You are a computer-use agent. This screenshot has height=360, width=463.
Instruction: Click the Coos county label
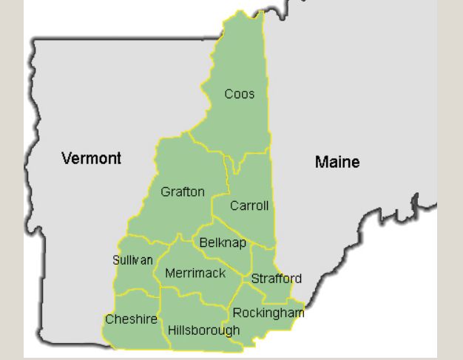tap(240, 94)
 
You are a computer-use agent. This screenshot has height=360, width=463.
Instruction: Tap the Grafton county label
tap(183, 192)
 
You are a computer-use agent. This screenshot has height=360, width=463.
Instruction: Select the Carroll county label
tap(249, 206)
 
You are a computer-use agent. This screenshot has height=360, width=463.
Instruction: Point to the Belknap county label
tap(223, 243)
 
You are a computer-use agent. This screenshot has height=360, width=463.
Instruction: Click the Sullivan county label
tap(133, 259)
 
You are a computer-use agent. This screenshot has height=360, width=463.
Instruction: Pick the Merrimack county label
tap(195, 274)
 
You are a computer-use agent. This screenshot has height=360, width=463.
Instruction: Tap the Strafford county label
tap(277, 279)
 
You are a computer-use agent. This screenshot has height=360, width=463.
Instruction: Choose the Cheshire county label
tap(131, 319)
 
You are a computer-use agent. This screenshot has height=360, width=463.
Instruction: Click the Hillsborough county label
tap(204, 330)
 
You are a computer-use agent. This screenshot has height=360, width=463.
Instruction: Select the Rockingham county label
tap(268, 313)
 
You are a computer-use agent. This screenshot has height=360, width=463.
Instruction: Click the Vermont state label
tap(92, 158)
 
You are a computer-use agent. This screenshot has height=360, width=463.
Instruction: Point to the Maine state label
tap(337, 162)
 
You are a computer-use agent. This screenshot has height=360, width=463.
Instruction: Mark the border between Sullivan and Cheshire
tap(137, 292)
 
